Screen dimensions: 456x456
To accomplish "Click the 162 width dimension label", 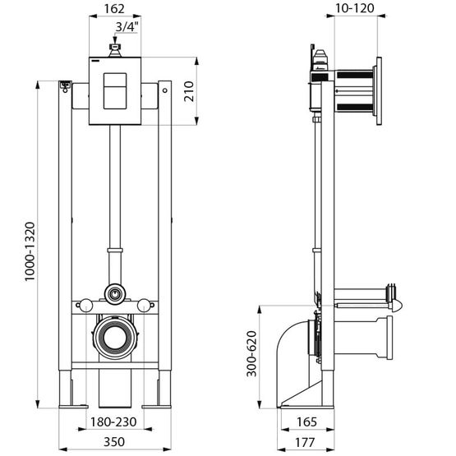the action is pyautogui.click(x=114, y=9).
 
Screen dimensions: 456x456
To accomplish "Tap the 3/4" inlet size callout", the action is pyautogui.click(x=127, y=27).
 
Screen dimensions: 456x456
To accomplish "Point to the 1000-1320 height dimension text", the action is pyautogui.click(x=30, y=251).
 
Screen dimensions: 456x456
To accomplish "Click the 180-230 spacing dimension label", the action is pyautogui.click(x=113, y=422).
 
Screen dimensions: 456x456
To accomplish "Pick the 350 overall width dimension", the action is pyautogui.click(x=114, y=442).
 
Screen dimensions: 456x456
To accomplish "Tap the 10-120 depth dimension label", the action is pyautogui.click(x=355, y=8).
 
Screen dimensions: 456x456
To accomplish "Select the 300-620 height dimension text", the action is pyautogui.click(x=251, y=353).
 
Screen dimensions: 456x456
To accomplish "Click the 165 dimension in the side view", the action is pyautogui.click(x=306, y=422).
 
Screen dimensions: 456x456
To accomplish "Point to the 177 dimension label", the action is pyautogui.click(x=305, y=442).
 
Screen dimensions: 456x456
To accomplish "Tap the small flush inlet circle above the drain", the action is pyautogui.click(x=115, y=294).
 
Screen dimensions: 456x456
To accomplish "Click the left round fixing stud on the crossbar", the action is pyautogui.click(x=86, y=306).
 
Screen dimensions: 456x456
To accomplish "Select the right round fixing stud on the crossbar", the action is pyautogui.click(x=144, y=306).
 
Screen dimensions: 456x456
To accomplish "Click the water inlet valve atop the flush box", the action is pyautogui.click(x=115, y=50).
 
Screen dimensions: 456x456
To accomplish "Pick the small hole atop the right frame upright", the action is pyautogui.click(x=165, y=90).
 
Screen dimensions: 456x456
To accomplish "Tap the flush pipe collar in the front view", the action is pyautogui.click(x=115, y=250).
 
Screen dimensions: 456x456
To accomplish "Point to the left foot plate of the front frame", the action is pyautogui.click(x=73, y=407).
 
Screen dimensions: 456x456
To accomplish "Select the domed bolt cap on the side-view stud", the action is pyautogui.click(x=397, y=306).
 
